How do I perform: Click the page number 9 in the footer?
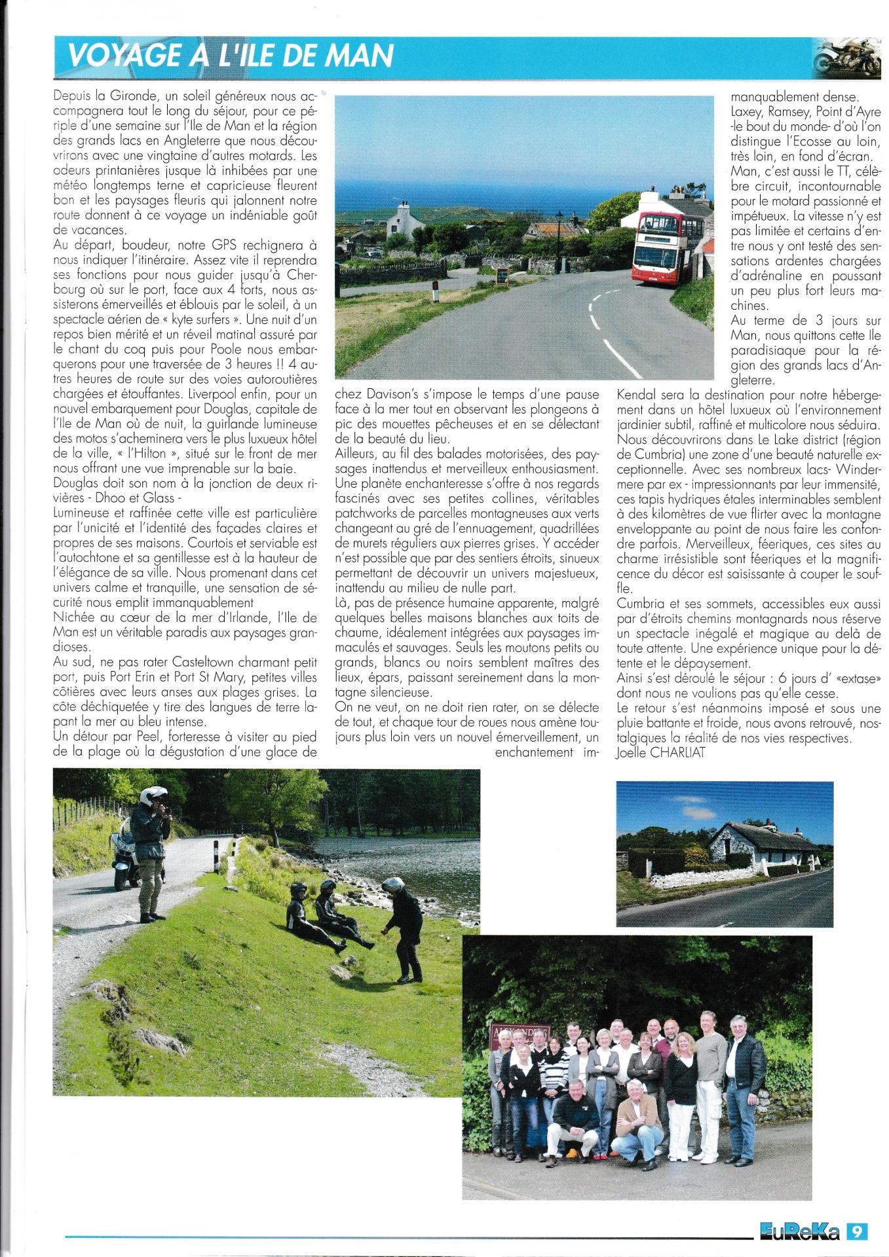click(x=856, y=1231)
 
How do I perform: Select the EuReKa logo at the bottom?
click(x=799, y=1231)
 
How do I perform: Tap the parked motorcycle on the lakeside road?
click(x=126, y=859)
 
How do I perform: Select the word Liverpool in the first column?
click(x=214, y=394)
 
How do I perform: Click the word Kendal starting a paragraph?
click(x=637, y=395)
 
